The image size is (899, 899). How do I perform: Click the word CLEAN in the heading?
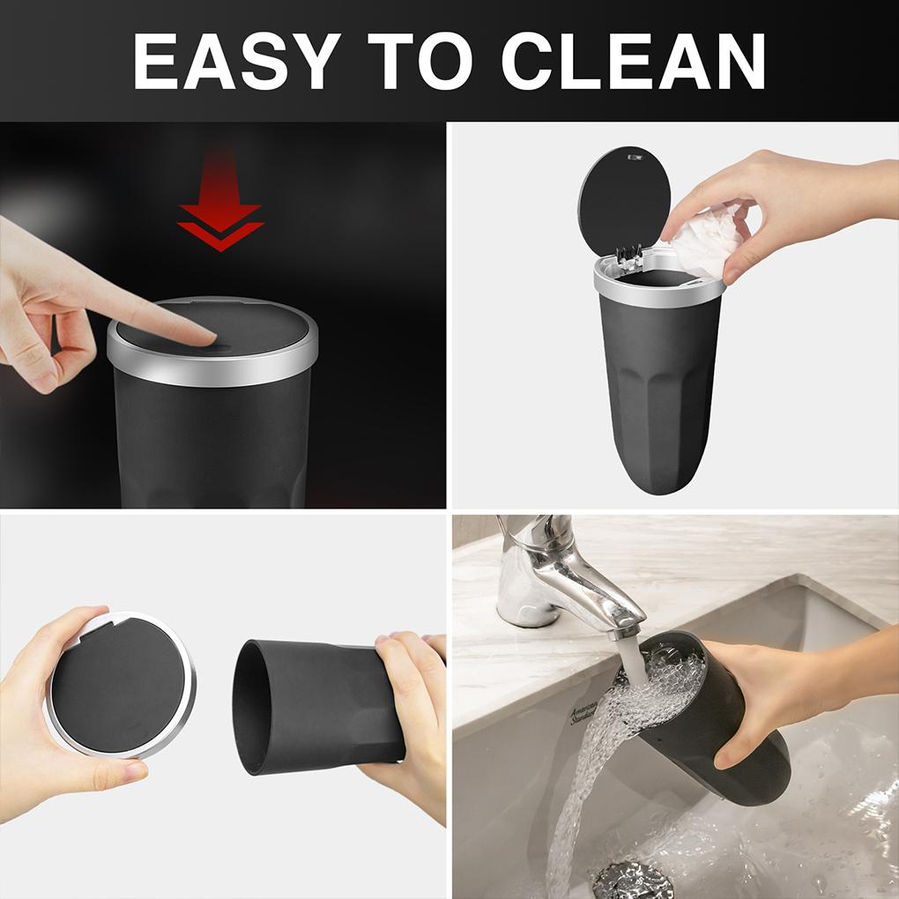633,62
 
